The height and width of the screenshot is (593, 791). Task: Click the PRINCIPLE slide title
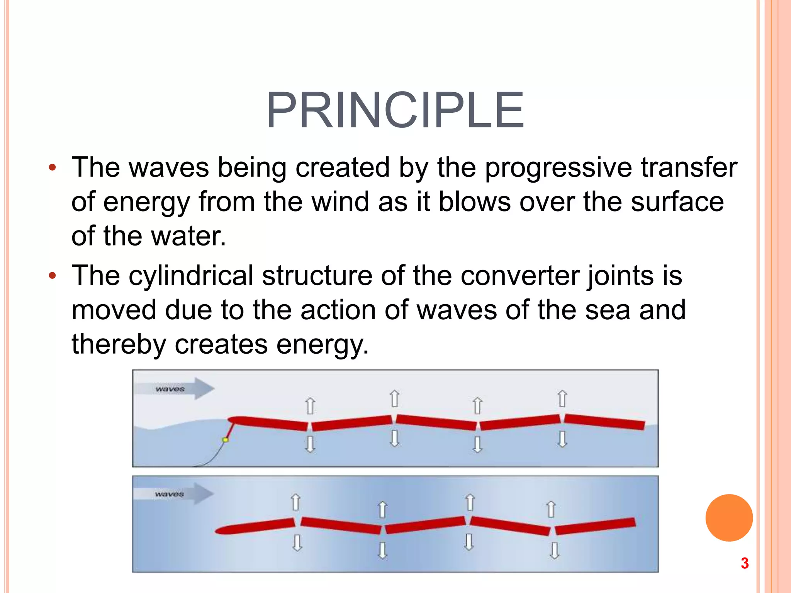395,111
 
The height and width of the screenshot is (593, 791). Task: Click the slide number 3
745,563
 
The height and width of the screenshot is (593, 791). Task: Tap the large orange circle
729,518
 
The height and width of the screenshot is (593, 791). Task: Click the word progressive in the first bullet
558,168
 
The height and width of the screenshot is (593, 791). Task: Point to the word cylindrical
191,276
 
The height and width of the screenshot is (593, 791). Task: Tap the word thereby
119,344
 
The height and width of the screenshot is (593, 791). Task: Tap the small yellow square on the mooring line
226,440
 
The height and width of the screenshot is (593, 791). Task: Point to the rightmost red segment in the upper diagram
604,422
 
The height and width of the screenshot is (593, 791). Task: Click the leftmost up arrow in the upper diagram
310,406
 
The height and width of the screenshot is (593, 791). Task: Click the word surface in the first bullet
677,202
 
